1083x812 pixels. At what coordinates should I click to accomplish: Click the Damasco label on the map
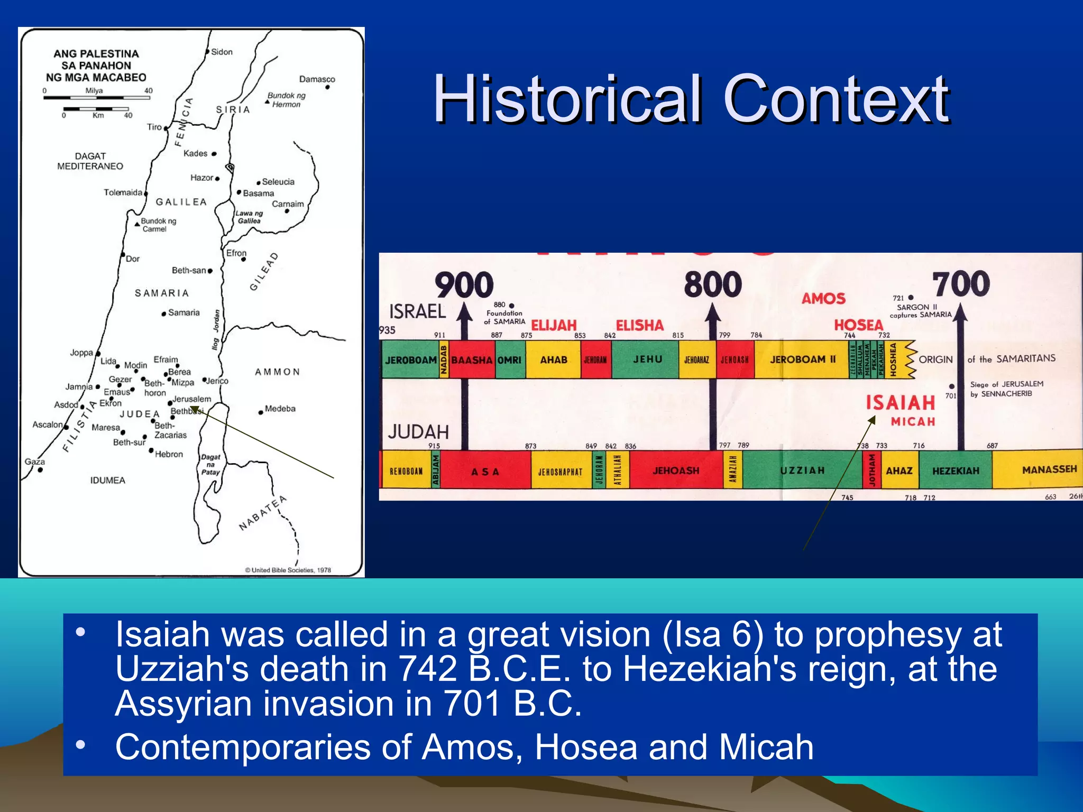pyautogui.click(x=317, y=79)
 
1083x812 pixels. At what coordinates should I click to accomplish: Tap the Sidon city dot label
pyautogui.click(x=221, y=52)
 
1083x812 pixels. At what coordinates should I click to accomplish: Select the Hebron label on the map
pyautogui.click(x=168, y=454)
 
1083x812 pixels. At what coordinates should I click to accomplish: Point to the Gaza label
pyautogui.click(x=35, y=462)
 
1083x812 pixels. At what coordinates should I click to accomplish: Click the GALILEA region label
pyautogui.click(x=181, y=202)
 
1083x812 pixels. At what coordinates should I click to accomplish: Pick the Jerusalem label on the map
pyautogui.click(x=191, y=399)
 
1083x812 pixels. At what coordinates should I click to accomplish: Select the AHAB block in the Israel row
pyautogui.click(x=553, y=359)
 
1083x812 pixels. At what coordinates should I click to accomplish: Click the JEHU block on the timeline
pyautogui.click(x=647, y=359)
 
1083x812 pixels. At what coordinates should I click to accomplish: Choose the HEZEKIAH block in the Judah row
pyautogui.click(x=956, y=470)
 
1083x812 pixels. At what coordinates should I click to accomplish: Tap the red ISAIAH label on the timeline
pyautogui.click(x=900, y=403)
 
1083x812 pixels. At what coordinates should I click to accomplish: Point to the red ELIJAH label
pyautogui.click(x=553, y=325)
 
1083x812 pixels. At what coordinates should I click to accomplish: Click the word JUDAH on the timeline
pyautogui.click(x=418, y=432)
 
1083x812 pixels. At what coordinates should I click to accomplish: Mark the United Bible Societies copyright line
pyautogui.click(x=288, y=570)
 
